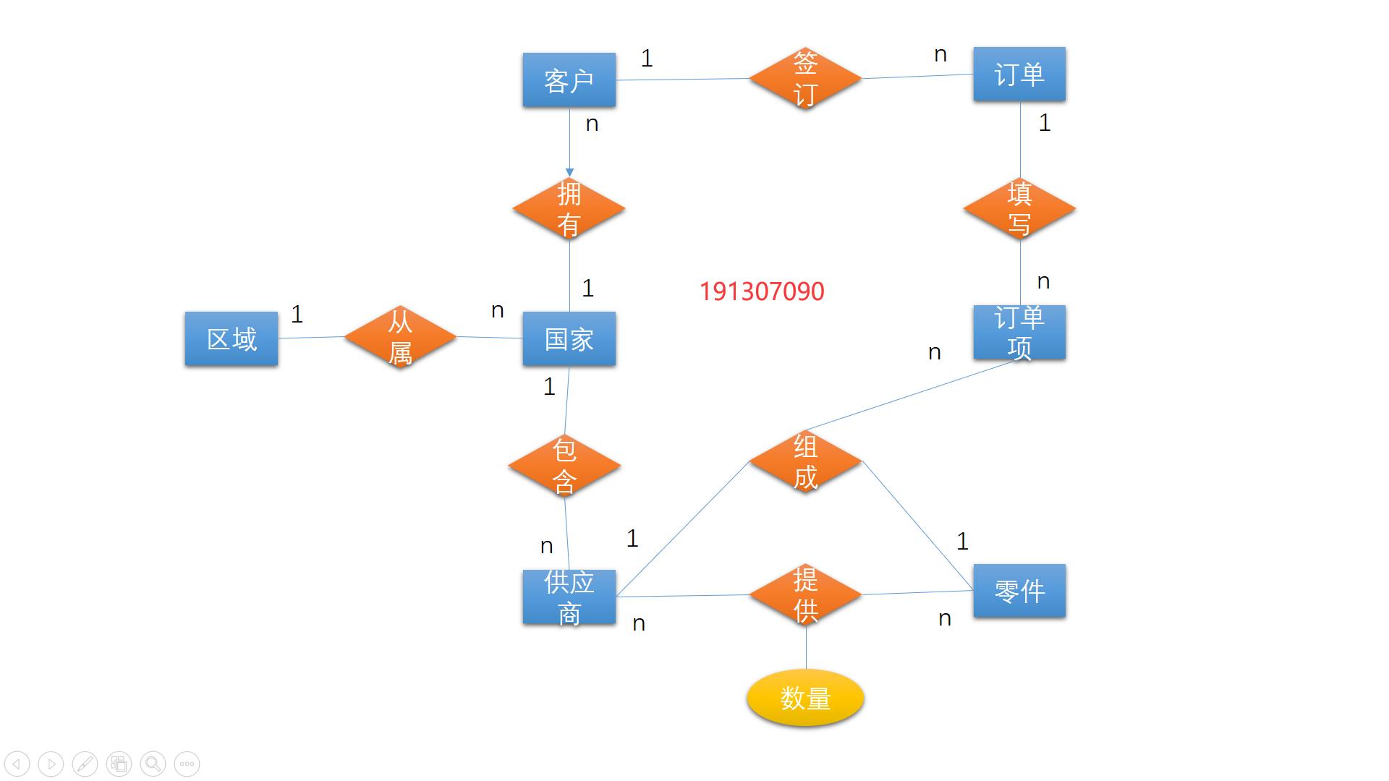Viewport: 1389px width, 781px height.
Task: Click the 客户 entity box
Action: (569, 80)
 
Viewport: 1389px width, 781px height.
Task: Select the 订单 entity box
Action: (1019, 74)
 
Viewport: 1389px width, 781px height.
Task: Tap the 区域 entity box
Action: (231, 338)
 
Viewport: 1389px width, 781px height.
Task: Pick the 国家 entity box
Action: (569, 338)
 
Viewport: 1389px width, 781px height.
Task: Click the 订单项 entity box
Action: (1019, 333)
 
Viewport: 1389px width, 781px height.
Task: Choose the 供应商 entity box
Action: (569, 597)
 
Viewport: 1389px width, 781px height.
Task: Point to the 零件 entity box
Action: (1019, 591)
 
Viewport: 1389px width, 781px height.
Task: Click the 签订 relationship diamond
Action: (805, 78)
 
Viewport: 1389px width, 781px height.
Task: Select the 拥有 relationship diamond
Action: (569, 209)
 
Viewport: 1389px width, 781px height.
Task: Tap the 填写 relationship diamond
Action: (1019, 209)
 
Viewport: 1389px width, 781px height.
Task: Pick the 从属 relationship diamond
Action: (400, 337)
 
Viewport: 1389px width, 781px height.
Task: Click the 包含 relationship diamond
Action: (564, 466)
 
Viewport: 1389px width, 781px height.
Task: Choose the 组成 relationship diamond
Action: (805, 461)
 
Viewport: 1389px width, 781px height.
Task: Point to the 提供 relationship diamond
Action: (805, 595)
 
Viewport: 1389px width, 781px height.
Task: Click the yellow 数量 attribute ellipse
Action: (805, 699)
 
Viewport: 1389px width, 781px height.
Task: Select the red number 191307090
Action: (762, 291)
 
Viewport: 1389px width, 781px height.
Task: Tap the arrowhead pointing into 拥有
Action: (569, 173)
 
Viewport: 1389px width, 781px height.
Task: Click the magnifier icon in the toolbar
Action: (153, 764)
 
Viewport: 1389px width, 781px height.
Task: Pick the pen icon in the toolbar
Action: (85, 764)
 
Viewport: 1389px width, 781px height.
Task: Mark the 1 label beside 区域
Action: (297, 314)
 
